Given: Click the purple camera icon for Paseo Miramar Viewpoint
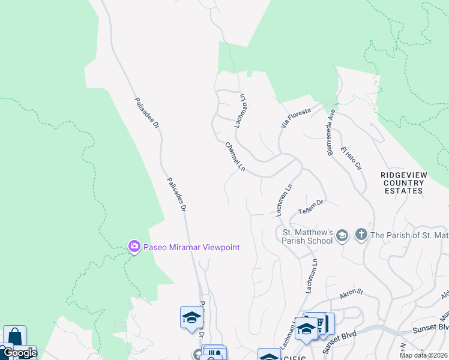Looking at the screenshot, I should [133, 247].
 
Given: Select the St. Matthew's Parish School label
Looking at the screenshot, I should [307, 236].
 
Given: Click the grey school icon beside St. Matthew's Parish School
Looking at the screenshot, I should [342, 235].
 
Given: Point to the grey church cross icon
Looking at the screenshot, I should [361, 235].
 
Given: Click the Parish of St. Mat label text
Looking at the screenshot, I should [409, 235].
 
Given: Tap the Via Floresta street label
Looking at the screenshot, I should [295, 118].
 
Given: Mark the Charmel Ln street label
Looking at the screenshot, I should [235, 156].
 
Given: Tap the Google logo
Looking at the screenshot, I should [19, 353].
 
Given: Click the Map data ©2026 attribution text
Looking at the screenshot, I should [423, 355].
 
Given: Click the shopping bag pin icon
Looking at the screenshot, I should [14, 338].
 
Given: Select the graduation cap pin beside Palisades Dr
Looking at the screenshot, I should [191, 317].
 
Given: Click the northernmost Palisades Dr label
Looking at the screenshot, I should [146, 113].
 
